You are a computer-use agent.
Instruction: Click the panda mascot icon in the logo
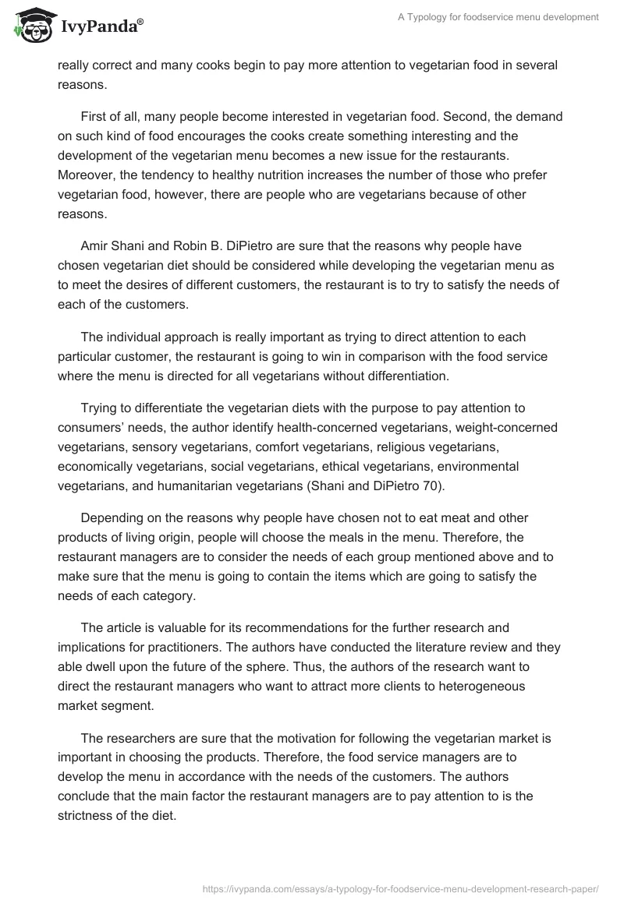(30, 25)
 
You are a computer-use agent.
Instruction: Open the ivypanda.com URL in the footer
(399, 887)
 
